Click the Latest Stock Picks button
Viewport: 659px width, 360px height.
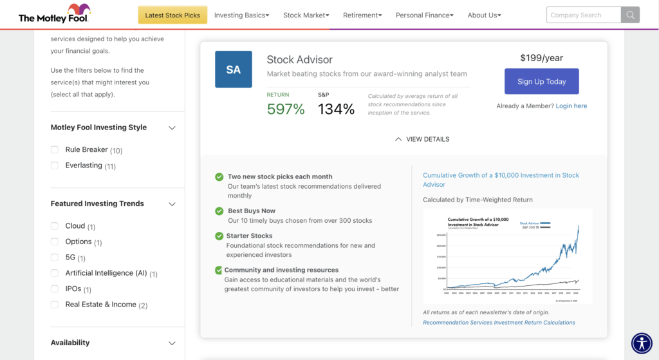tap(172, 15)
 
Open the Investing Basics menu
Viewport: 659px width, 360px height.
tap(241, 15)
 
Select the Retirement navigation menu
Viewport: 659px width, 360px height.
tap(362, 15)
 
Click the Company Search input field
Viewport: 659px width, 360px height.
tap(584, 15)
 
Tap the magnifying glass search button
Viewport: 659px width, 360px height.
tap(631, 15)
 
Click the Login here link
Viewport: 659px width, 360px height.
tap(571, 106)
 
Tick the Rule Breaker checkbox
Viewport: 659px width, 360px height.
tap(55, 150)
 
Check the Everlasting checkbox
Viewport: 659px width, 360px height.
tap(55, 166)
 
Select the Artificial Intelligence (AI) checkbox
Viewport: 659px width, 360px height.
tap(55, 273)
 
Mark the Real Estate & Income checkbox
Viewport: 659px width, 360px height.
tap(55, 305)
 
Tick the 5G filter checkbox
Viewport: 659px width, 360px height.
tap(55, 258)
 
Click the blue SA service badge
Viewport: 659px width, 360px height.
tap(233, 70)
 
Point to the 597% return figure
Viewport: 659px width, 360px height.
tap(286, 109)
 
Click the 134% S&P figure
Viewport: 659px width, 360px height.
tap(336, 109)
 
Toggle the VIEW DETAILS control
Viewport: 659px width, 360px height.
tap(422, 139)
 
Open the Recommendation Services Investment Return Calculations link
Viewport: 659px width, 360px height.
tap(499, 323)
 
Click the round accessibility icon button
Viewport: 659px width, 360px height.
tap(642, 343)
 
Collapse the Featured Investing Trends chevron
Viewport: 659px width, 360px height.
tap(172, 204)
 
